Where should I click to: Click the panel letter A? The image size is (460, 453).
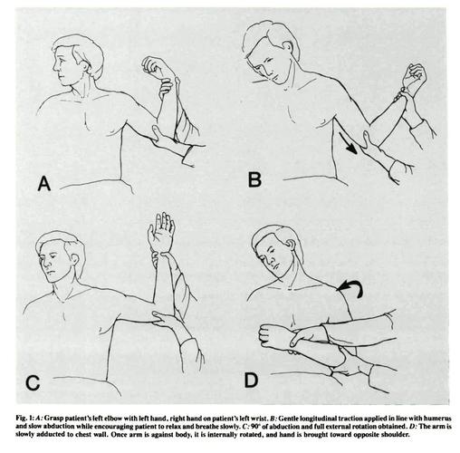coord(44,184)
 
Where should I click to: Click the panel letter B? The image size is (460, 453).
coord(254,179)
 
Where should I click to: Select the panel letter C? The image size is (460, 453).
coord(33,383)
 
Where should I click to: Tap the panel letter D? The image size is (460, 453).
coord(251,381)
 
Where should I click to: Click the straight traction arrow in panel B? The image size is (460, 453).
coord(348,143)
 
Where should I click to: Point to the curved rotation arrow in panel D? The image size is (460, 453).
coord(351,287)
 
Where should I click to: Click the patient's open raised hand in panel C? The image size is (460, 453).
coord(161,232)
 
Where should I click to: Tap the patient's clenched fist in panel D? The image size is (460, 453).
coord(272,335)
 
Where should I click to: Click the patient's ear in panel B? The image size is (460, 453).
coord(288,46)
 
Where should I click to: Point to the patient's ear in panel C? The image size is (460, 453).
coord(75,259)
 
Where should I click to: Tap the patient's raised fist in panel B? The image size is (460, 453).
coord(415,76)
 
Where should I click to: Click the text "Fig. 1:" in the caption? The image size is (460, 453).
coord(24,419)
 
